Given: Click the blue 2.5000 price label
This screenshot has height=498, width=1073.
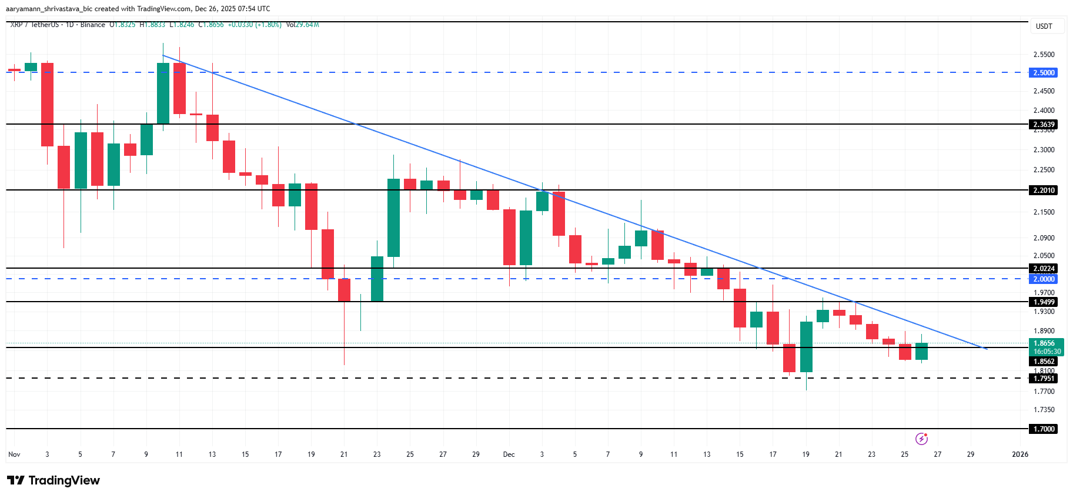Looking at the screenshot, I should [1044, 73].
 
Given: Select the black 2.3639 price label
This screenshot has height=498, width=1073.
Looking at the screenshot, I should [1044, 125].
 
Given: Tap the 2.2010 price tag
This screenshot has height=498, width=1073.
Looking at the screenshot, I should [1044, 190].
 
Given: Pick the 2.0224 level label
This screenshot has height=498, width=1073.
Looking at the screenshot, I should [1044, 269].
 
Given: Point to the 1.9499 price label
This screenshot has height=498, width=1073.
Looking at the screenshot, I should [1044, 302].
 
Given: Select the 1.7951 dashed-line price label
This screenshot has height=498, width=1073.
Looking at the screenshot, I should [1044, 379].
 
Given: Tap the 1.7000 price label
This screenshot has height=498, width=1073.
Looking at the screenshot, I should [1044, 429].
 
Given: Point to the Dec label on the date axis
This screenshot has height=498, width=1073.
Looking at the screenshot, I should [509, 454].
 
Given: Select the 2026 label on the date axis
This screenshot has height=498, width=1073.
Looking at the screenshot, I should [1019, 454].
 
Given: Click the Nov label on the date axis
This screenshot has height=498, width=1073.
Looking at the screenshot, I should [14, 454].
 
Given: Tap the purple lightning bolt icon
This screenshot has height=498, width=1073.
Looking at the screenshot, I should [921, 439].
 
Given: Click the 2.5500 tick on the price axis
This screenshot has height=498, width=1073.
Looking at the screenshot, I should [1044, 55].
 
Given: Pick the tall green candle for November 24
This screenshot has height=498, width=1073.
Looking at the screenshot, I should [393, 218].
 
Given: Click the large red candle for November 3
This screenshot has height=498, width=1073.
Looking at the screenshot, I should [47, 105].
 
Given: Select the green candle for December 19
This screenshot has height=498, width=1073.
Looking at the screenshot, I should [806, 347].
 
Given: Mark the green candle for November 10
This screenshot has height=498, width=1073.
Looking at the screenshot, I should [163, 94].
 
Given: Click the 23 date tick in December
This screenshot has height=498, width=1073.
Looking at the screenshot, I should [871, 454].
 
